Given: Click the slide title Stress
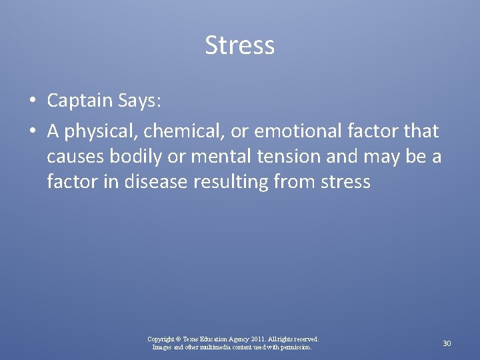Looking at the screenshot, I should (239, 46).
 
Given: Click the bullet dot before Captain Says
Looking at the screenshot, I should (32, 101).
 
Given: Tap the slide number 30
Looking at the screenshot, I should (447, 343).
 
